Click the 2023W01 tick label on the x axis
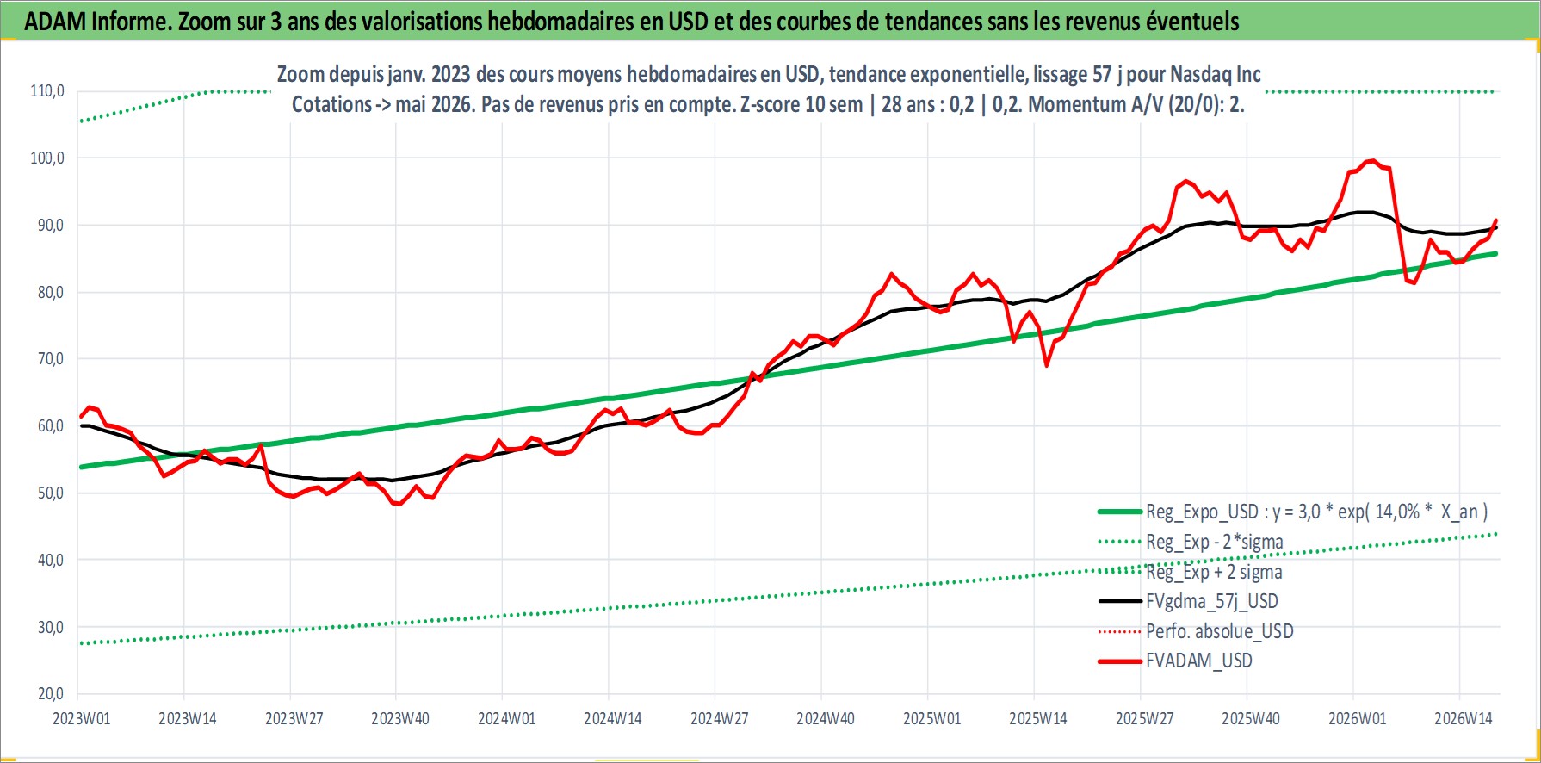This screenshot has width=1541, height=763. coord(82,719)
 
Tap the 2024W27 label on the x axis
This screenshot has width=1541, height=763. coord(720,719)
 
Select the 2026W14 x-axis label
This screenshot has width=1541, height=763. coord(1464,719)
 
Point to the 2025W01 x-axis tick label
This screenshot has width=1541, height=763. coord(932,719)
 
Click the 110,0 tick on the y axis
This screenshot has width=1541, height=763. coord(47,90)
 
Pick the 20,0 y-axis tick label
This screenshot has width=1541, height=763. coord(50,693)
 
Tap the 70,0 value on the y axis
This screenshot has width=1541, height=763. coord(50,358)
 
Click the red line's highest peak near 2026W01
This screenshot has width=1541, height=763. coord(1372,160)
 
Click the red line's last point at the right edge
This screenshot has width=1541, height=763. coord(1496,220)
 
